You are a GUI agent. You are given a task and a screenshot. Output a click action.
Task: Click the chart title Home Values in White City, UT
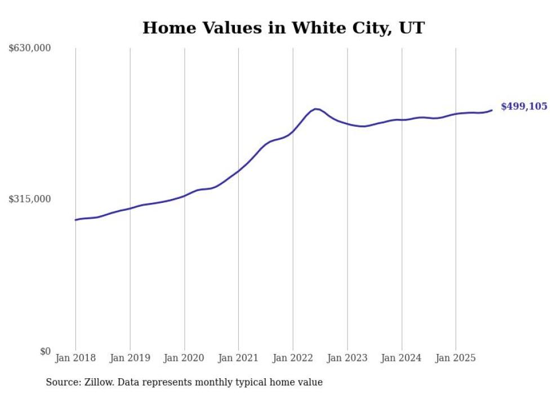(x=283, y=28)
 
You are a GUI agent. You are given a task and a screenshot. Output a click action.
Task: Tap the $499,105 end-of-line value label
(x=523, y=106)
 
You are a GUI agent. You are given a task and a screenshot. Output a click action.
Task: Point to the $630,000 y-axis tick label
(x=30, y=48)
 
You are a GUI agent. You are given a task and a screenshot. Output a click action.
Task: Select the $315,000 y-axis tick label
(x=30, y=199)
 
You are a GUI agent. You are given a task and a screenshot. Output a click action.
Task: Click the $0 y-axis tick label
(x=45, y=351)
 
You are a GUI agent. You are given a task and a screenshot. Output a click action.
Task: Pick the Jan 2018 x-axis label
(x=75, y=358)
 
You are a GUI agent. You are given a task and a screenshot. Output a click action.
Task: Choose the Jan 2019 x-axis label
(x=130, y=358)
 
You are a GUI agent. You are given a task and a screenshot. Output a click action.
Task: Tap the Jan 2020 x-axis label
(x=184, y=358)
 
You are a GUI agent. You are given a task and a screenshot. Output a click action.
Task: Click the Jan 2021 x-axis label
(x=238, y=358)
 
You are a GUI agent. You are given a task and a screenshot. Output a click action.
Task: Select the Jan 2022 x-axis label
(x=293, y=358)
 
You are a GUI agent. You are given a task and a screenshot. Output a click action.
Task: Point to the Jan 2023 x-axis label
(x=347, y=358)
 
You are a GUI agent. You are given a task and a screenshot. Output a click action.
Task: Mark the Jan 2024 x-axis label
(x=402, y=358)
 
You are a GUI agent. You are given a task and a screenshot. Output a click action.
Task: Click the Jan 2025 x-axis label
(x=456, y=358)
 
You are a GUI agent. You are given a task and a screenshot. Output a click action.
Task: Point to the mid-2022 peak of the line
(x=316, y=109)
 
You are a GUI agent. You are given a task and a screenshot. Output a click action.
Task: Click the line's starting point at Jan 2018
(x=75, y=220)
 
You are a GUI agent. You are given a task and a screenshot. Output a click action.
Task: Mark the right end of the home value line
(x=492, y=110)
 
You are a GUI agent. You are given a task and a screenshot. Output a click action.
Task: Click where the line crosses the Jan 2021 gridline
(x=238, y=170)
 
